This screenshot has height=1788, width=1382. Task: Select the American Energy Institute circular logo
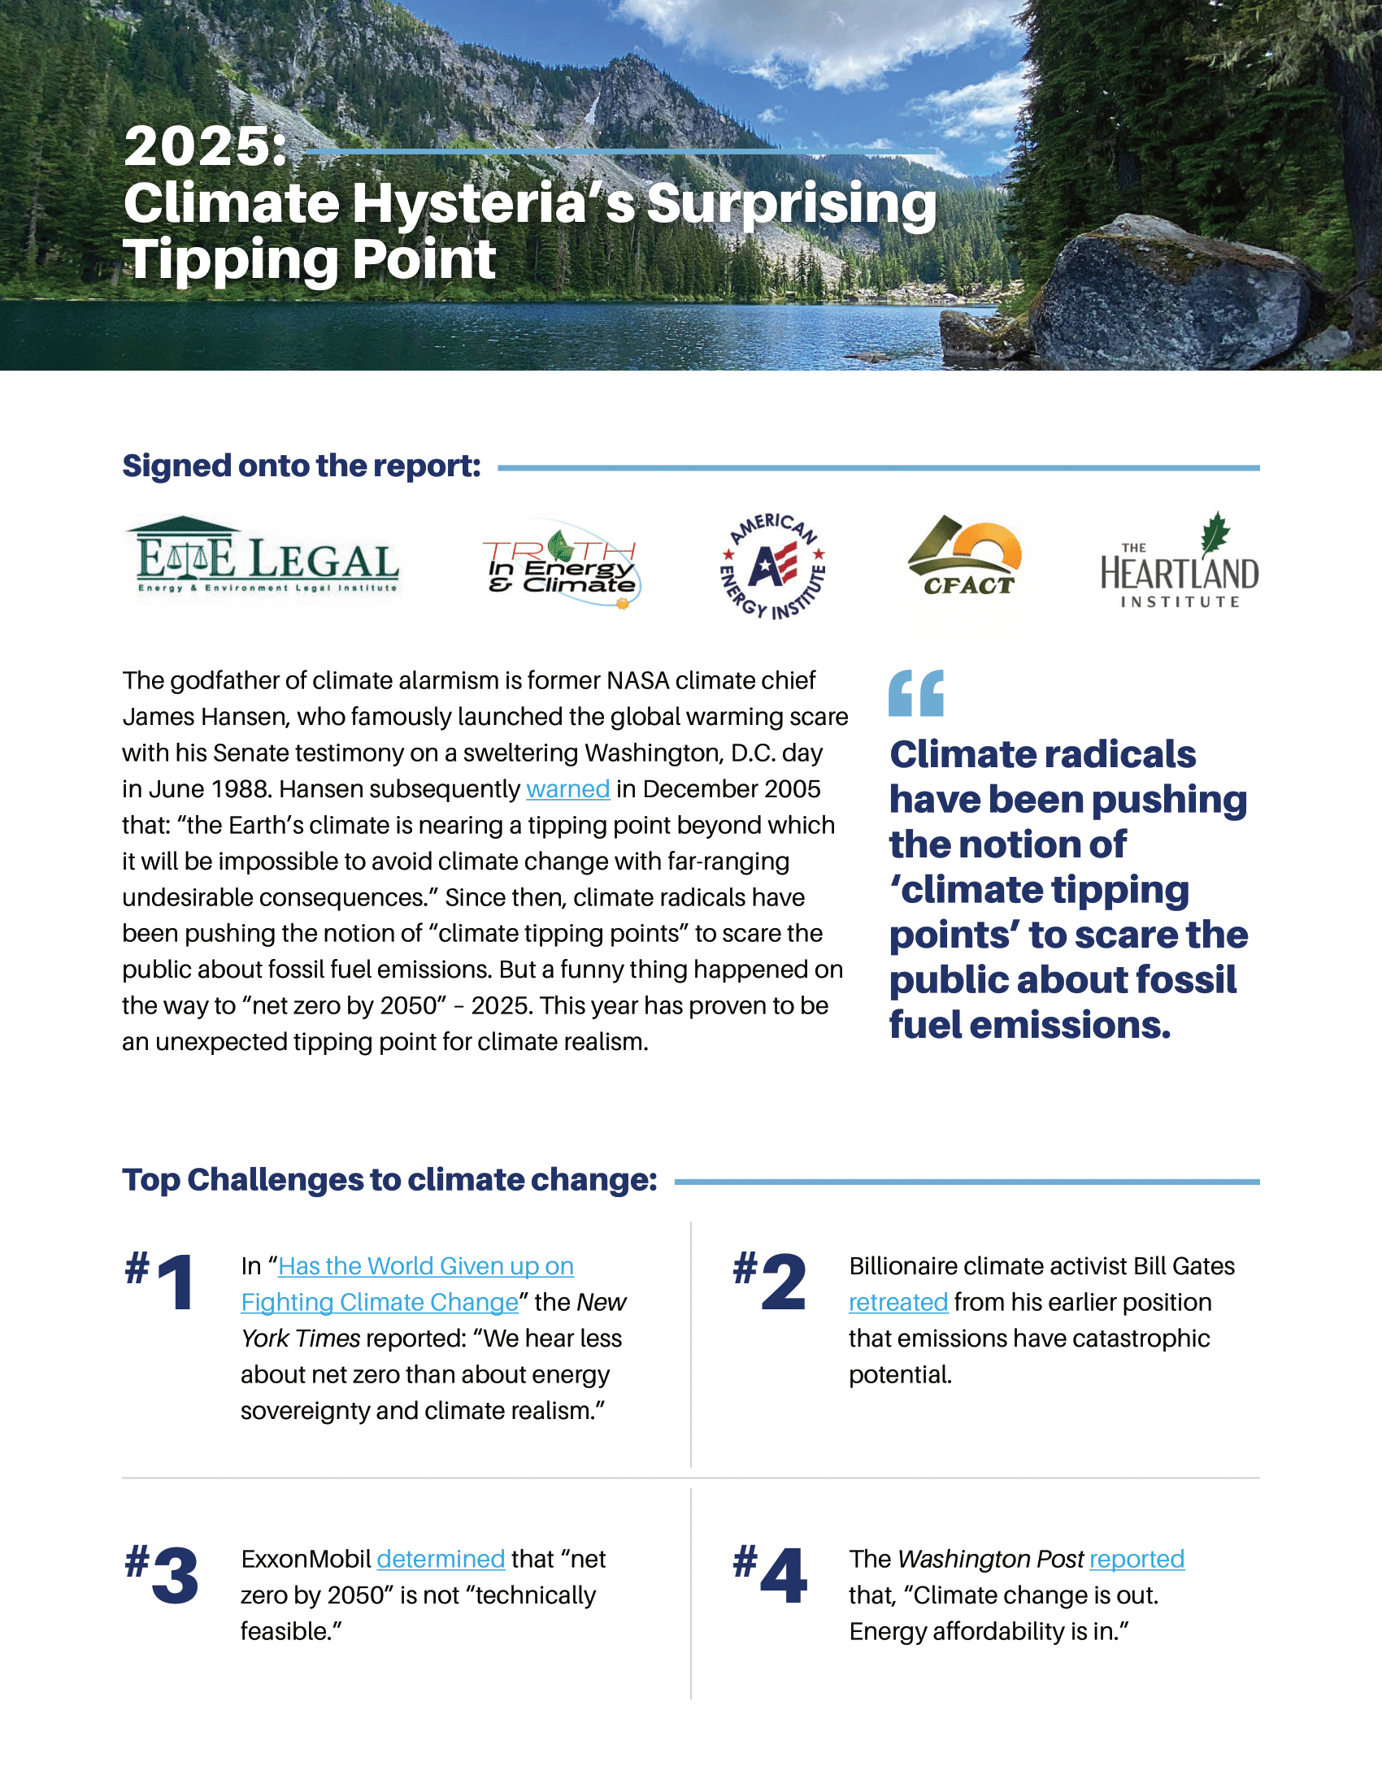tap(772, 566)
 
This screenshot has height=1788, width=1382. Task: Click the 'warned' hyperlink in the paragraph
tap(567, 789)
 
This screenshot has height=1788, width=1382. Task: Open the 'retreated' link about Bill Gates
tap(898, 1302)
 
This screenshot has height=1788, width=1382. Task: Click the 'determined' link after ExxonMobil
tap(441, 1559)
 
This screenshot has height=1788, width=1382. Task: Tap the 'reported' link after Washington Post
tap(1136, 1559)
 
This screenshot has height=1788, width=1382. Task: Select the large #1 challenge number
tap(162, 1281)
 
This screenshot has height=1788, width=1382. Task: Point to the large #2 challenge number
tap(771, 1281)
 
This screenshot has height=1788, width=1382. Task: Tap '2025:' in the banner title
tap(205, 147)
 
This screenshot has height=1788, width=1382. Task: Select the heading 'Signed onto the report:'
tap(302, 466)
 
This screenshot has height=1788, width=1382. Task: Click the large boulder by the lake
tap(1171, 295)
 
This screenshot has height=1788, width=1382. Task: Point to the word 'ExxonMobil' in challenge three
tap(306, 1559)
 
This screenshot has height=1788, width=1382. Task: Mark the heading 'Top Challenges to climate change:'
tap(389, 1180)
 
